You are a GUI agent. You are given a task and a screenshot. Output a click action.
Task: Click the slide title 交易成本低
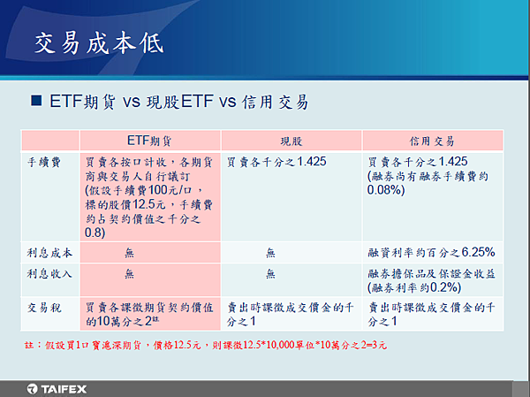click(99, 43)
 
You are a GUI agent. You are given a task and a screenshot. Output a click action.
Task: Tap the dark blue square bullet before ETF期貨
click(36, 101)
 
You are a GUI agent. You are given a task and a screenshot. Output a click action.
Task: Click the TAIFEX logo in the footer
click(57, 389)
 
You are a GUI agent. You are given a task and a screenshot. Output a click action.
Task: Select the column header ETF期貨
click(149, 141)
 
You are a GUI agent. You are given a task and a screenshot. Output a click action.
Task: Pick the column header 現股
click(291, 141)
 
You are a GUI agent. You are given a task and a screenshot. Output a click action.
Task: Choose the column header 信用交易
click(432, 141)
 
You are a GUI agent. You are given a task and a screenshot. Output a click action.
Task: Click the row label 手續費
click(44, 163)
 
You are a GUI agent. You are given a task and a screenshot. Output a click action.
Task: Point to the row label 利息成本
click(49, 253)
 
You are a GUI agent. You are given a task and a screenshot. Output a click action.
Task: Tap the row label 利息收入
click(49, 273)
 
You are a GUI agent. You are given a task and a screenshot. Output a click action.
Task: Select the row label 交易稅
click(44, 308)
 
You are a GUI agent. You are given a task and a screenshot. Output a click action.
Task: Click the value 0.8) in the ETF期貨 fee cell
click(95, 233)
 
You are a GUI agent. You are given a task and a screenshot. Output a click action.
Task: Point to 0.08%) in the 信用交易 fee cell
click(386, 190)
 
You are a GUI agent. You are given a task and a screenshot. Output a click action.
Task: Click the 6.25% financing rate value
click(478, 252)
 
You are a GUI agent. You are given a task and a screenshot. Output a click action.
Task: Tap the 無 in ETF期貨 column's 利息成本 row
click(130, 253)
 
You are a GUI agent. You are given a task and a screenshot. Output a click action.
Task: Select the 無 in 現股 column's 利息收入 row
click(270, 273)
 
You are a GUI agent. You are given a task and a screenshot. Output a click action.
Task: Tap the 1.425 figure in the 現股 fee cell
click(312, 162)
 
